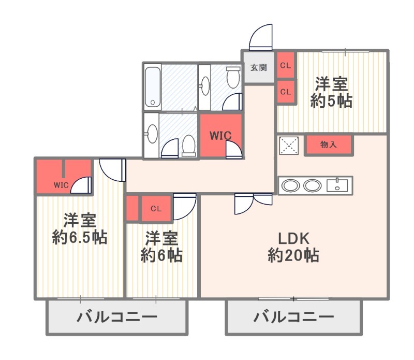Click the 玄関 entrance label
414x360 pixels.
[259, 67]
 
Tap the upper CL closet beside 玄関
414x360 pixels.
[285, 66]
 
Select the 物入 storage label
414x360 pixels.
[329, 145]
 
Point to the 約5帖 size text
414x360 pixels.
[331, 101]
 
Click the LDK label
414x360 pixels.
[293, 238]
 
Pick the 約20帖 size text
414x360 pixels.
[293, 255]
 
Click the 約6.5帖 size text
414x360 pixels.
[80, 237]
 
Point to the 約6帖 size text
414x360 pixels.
[162, 255]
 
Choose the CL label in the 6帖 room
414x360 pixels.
[156, 209]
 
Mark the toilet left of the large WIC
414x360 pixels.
[188, 146]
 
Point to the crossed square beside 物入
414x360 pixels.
[289, 146]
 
